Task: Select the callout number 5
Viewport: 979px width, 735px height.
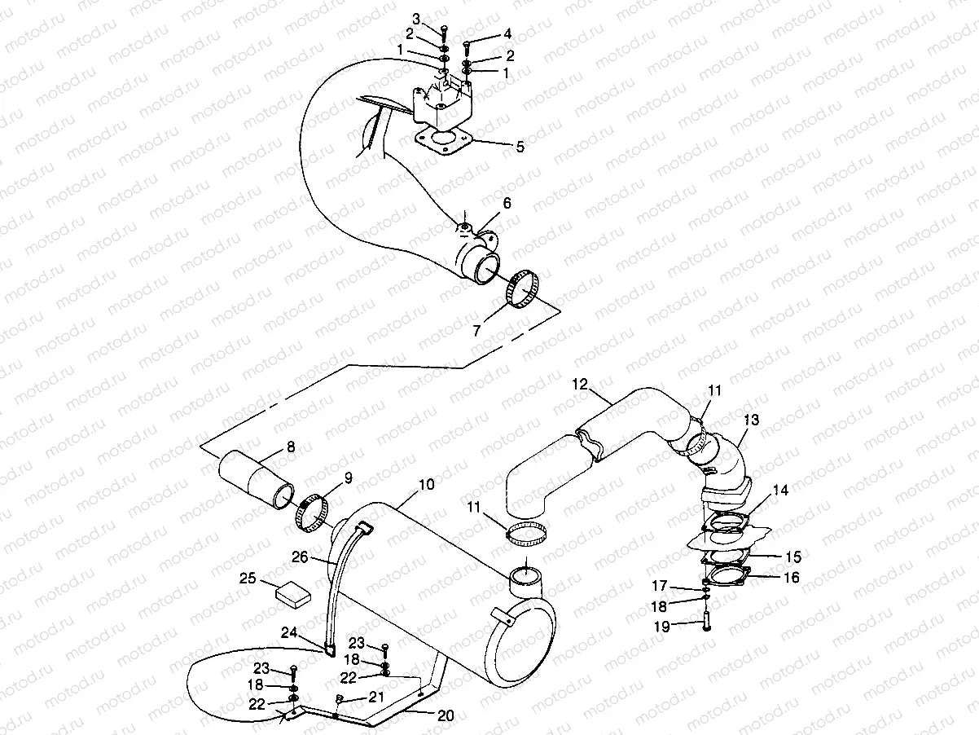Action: (x=520, y=147)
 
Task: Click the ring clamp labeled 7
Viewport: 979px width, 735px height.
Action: (x=522, y=290)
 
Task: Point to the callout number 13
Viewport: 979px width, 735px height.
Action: (x=751, y=420)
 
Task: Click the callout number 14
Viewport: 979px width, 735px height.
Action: (x=780, y=491)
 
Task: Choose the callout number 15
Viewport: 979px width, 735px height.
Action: (x=792, y=557)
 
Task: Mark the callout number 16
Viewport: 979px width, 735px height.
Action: (x=791, y=578)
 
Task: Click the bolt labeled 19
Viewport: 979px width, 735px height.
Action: (x=705, y=622)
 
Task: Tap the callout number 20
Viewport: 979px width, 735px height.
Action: (x=445, y=715)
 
